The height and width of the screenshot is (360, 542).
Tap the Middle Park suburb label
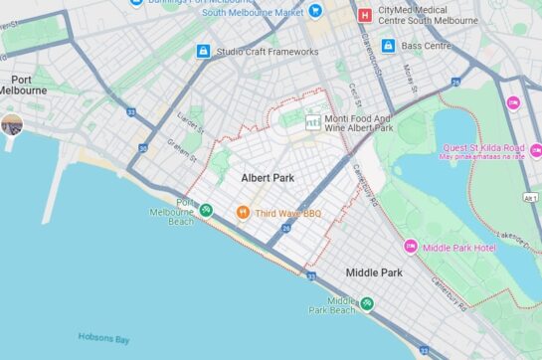[374, 272]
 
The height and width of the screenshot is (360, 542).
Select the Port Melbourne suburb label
[24, 84]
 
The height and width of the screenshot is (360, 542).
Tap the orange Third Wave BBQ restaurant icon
[242, 212]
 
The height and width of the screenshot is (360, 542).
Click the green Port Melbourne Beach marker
[205, 210]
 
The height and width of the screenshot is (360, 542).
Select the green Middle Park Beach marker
[367, 303]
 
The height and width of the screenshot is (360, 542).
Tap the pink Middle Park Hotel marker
[410, 247]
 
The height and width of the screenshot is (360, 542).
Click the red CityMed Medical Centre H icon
[365, 15]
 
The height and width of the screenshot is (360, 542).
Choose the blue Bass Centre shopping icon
[388, 46]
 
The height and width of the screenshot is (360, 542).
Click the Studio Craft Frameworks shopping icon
[203, 51]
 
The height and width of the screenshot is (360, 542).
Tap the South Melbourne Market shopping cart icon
[315, 11]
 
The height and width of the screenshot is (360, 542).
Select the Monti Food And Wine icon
[313, 121]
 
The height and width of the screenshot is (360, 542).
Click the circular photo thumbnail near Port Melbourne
[12, 124]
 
